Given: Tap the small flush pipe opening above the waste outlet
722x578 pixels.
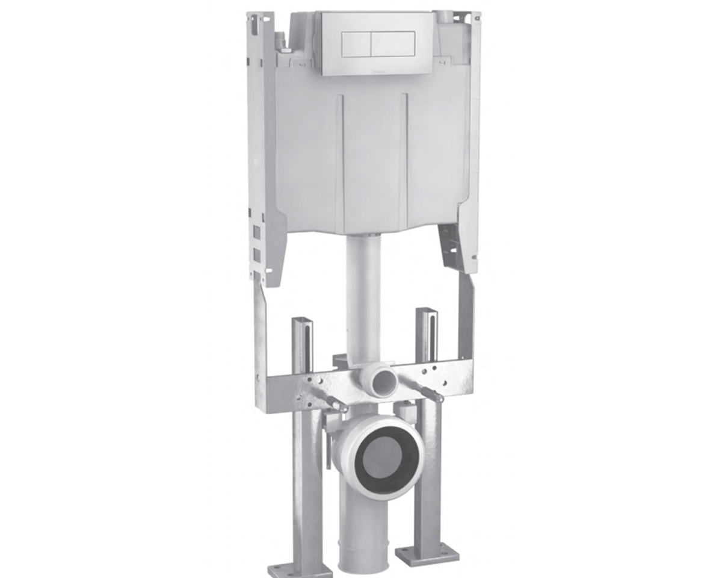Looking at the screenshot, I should pyautogui.click(x=381, y=381).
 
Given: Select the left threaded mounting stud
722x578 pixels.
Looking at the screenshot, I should pyautogui.click(x=333, y=403).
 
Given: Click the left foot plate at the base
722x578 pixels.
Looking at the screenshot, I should pyautogui.click(x=300, y=569).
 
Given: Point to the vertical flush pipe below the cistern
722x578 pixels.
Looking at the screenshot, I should pyautogui.click(x=363, y=289).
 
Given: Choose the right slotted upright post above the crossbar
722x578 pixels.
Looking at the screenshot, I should pyautogui.click(x=425, y=334).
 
